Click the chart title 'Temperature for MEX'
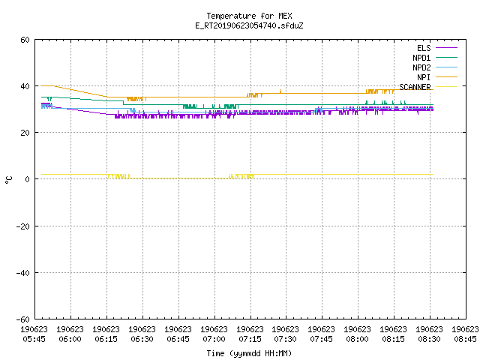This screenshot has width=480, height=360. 249,16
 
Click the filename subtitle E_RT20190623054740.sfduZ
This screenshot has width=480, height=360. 249,25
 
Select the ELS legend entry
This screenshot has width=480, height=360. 424,48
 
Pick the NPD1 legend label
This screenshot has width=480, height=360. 421,58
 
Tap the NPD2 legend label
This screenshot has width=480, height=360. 421,67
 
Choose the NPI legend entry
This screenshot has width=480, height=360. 424,77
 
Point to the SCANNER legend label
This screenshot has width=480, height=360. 415,87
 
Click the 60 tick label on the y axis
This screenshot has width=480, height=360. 25,40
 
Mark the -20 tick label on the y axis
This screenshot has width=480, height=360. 23,226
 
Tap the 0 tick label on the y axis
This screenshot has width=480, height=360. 28,179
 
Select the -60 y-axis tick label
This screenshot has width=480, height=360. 23,319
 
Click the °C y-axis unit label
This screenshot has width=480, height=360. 9,180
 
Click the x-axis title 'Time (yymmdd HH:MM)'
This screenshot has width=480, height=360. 249,353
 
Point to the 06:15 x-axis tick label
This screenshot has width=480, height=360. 106,339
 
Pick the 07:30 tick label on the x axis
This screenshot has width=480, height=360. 285,339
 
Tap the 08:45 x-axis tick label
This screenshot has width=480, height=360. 465,339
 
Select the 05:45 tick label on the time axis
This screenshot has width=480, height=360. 34,339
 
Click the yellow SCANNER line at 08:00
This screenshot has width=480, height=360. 358,174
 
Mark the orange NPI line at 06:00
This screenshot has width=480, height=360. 71,89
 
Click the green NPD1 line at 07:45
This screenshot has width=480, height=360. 322,105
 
